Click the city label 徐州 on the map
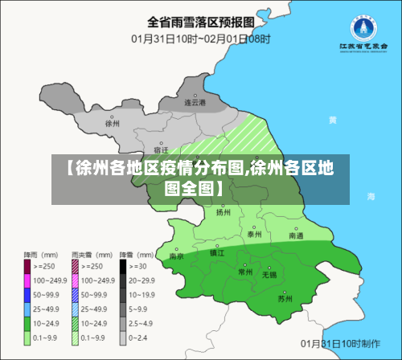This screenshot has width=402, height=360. pyautogui.click(x=112, y=124)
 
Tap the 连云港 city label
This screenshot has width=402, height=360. pyautogui.click(x=195, y=103)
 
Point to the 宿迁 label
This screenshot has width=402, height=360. pyautogui.click(x=160, y=150)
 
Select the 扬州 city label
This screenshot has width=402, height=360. pyautogui.click(x=224, y=213)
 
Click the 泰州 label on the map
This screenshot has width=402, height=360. pyautogui.click(x=254, y=234)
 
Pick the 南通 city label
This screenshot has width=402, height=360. pyautogui.click(x=296, y=236)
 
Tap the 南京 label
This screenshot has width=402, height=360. pyautogui.click(x=177, y=256)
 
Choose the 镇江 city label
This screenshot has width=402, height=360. pyautogui.click(x=217, y=252)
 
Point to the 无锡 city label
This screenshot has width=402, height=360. pyautogui.click(x=269, y=274)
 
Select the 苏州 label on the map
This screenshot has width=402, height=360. pyautogui.click(x=285, y=298)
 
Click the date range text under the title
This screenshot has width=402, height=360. pyautogui.click(x=200, y=38)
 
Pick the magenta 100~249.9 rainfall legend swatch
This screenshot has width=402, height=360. pyautogui.click(x=27, y=280)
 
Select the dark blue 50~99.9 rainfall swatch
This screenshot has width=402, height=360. pyautogui.click(x=27, y=295)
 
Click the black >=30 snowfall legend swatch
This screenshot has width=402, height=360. pyautogui.click(x=124, y=266)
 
